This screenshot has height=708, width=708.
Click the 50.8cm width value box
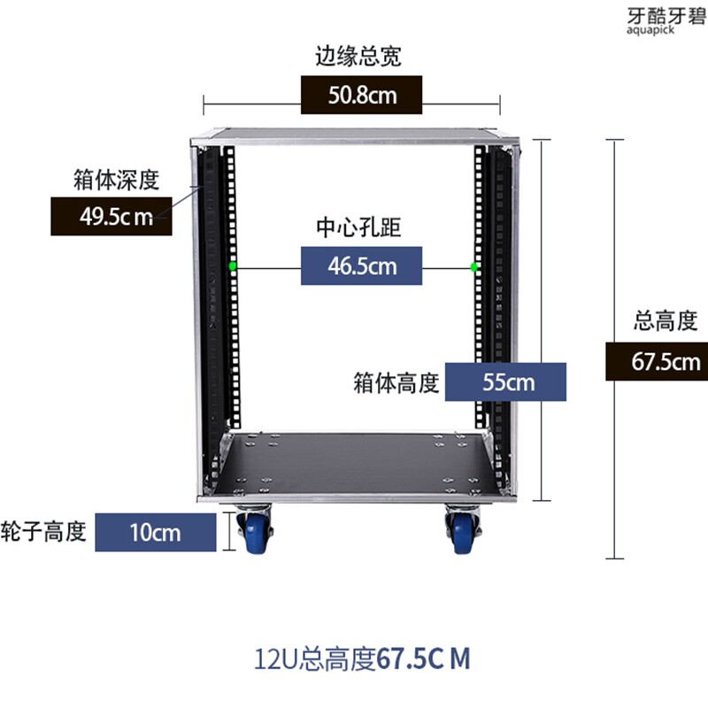(x=361, y=95)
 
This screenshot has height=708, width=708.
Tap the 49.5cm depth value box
(x=112, y=216)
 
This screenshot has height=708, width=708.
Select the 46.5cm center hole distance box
(x=361, y=265)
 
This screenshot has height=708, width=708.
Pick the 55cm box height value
(x=505, y=382)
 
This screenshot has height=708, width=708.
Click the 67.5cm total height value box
(x=657, y=361)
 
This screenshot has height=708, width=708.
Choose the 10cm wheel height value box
(x=156, y=533)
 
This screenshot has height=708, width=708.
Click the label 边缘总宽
(x=358, y=57)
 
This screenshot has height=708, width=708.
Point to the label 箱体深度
(x=117, y=180)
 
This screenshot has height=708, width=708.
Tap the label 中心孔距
(x=358, y=227)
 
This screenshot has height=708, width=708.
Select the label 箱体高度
(x=396, y=383)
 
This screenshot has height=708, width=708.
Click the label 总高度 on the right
(x=666, y=321)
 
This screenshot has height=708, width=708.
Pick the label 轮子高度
(x=43, y=531)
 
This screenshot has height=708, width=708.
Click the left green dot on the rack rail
(x=233, y=266)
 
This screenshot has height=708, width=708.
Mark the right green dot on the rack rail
(x=473, y=267)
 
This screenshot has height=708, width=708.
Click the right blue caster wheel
(x=461, y=534)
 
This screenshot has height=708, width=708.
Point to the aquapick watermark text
(x=650, y=30)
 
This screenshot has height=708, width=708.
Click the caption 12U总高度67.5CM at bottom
(x=362, y=658)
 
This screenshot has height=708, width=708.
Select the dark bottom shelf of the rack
(x=351, y=462)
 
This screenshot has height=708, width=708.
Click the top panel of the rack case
(x=354, y=135)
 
